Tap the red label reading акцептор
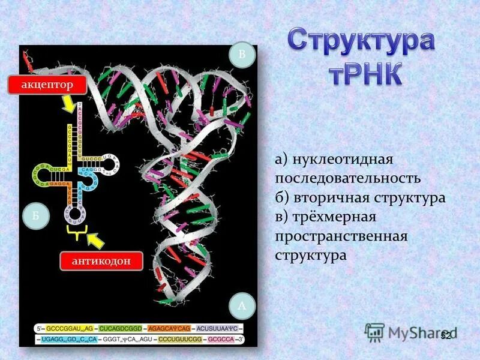pos(47,85)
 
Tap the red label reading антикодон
pos(101,261)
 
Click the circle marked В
pos(242,55)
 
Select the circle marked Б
pos(35,217)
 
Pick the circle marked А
pos(242,306)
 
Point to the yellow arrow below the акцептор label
pos(68,104)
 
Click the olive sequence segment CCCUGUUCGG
pos(179,339)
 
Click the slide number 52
pos(445,335)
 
